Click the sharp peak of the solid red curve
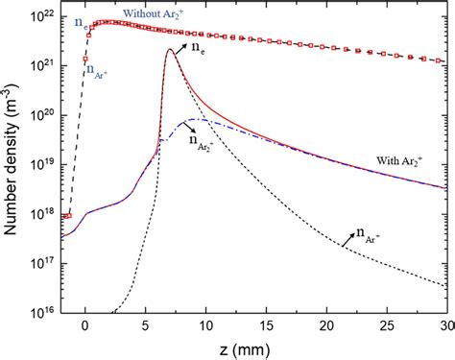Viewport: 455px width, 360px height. (x=170, y=50)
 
